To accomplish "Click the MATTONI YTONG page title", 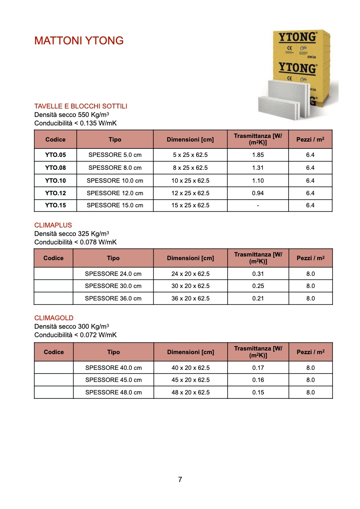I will [79, 41].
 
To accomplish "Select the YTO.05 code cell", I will [55, 155].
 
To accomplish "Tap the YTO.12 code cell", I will [55, 193].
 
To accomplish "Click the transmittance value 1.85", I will [258, 155].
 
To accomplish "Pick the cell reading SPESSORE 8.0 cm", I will [115, 168].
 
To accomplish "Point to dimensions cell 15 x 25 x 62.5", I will [190, 205].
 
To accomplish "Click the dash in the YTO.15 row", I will [258, 205].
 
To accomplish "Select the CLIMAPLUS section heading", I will [53, 225].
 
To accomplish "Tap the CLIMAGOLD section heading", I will [54, 318].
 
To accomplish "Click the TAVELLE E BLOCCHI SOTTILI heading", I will [81, 106].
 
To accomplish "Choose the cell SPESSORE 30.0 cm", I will [113, 286].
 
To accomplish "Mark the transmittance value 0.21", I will [258, 298].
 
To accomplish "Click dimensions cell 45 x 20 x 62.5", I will [190, 380].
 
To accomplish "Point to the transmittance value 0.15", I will [258, 392].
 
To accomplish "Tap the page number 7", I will [180, 480].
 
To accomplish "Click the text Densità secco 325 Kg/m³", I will [71, 234].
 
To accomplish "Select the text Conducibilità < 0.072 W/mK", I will [75, 335].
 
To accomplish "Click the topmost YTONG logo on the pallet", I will [297, 37].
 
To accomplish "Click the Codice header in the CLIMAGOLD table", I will [54, 352].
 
